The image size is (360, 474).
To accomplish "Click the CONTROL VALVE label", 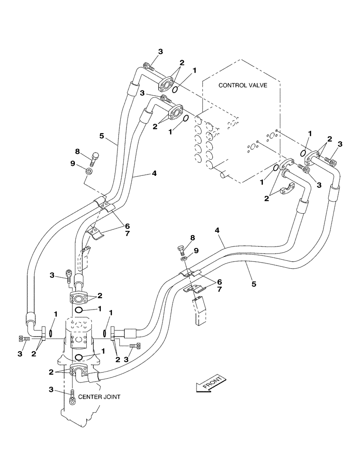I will [243, 86].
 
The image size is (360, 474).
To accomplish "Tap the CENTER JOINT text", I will [103, 396].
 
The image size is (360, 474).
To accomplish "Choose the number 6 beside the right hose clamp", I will [219, 282].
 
